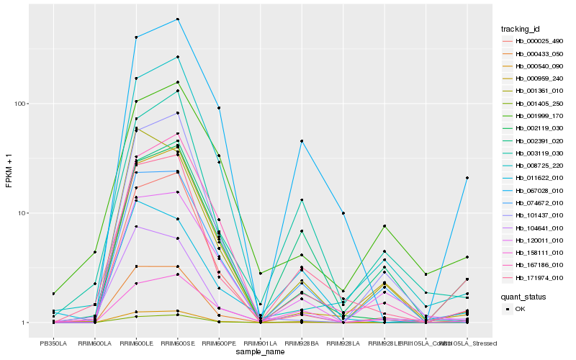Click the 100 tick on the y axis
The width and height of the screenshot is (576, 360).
coord(19,104)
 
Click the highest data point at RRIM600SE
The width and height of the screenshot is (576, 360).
coord(177,19)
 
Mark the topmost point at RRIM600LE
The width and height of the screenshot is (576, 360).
coord(135,37)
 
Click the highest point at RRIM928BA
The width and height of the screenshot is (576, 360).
coord(302,141)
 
